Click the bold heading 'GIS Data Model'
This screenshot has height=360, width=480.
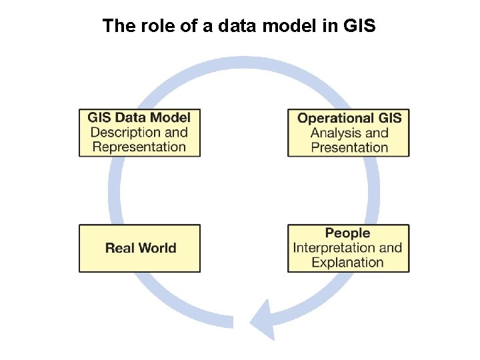139,118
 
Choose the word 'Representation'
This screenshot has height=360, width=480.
139,147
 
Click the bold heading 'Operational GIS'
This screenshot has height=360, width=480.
349,118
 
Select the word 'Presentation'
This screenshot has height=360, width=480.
349,147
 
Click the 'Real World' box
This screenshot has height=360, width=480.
139,248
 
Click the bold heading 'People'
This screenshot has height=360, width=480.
347,233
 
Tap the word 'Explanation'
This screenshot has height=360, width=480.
347,262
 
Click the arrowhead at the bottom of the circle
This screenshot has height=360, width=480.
263,318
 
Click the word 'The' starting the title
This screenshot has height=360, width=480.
115,26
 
